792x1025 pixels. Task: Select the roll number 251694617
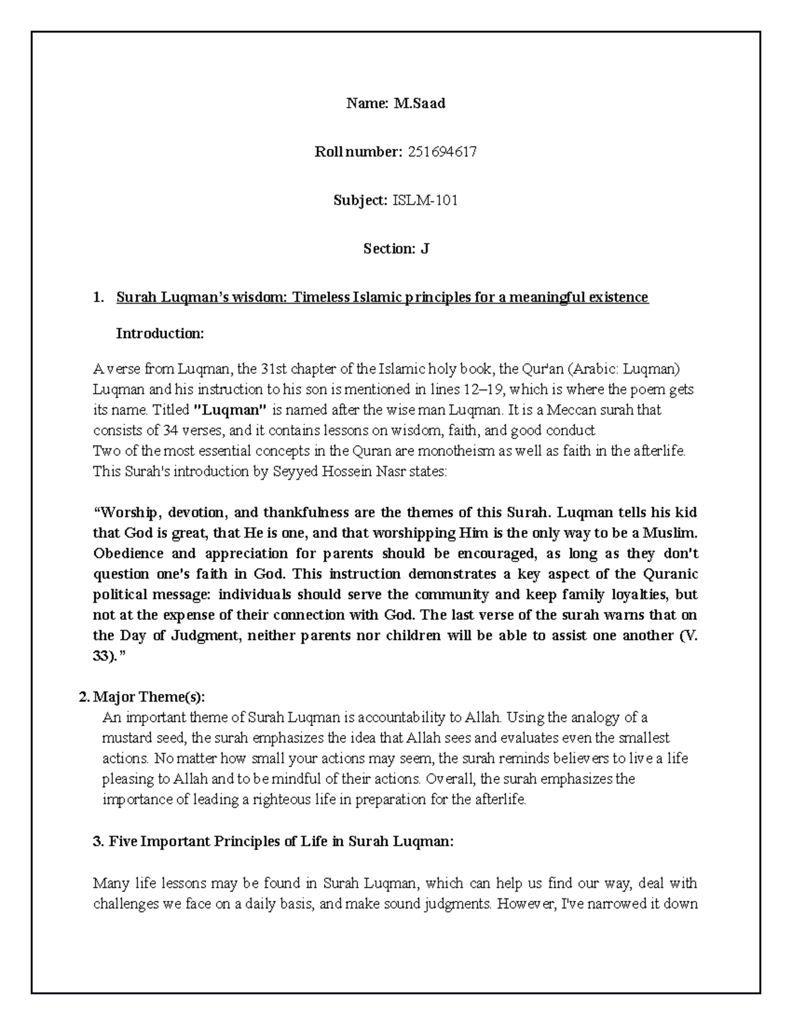[442, 152]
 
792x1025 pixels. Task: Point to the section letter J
[425, 249]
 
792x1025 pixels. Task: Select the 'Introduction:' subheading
[160, 333]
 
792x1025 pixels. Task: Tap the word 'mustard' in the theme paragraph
[125, 738]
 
